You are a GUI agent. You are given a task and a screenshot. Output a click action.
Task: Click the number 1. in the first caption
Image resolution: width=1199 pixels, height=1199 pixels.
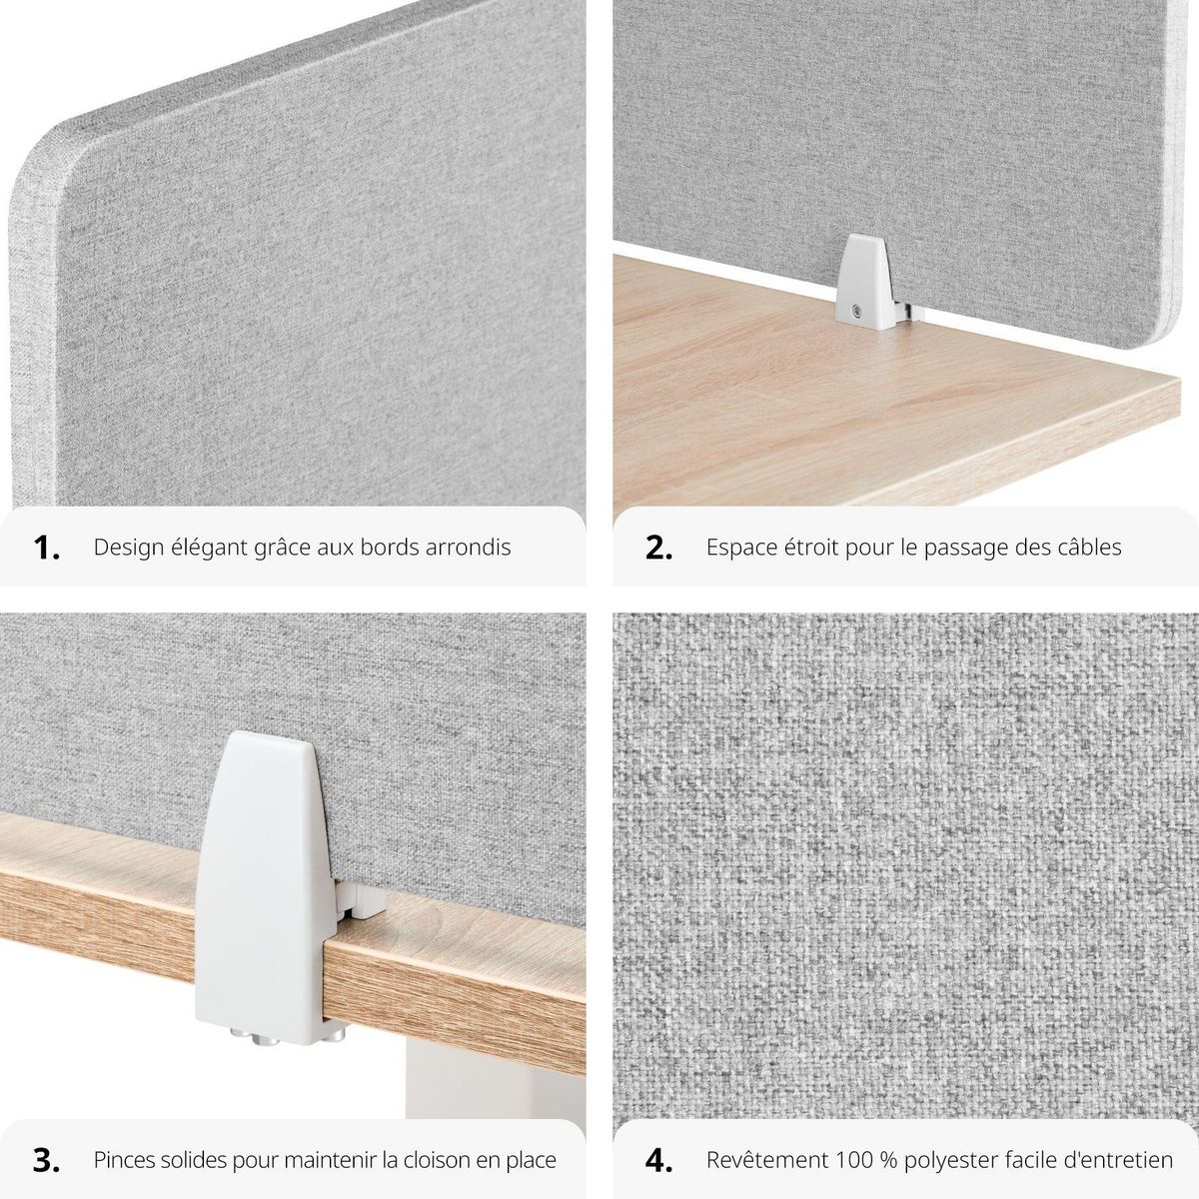[47, 548]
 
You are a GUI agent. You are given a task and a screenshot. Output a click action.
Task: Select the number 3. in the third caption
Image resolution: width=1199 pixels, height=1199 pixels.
[47, 1160]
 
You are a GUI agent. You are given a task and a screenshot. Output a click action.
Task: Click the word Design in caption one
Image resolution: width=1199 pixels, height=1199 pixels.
[126, 548]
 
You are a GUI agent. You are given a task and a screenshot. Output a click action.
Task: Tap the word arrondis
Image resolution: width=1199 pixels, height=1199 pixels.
[473, 548]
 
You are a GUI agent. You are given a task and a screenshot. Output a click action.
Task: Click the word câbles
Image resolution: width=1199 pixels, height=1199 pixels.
[1088, 548]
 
